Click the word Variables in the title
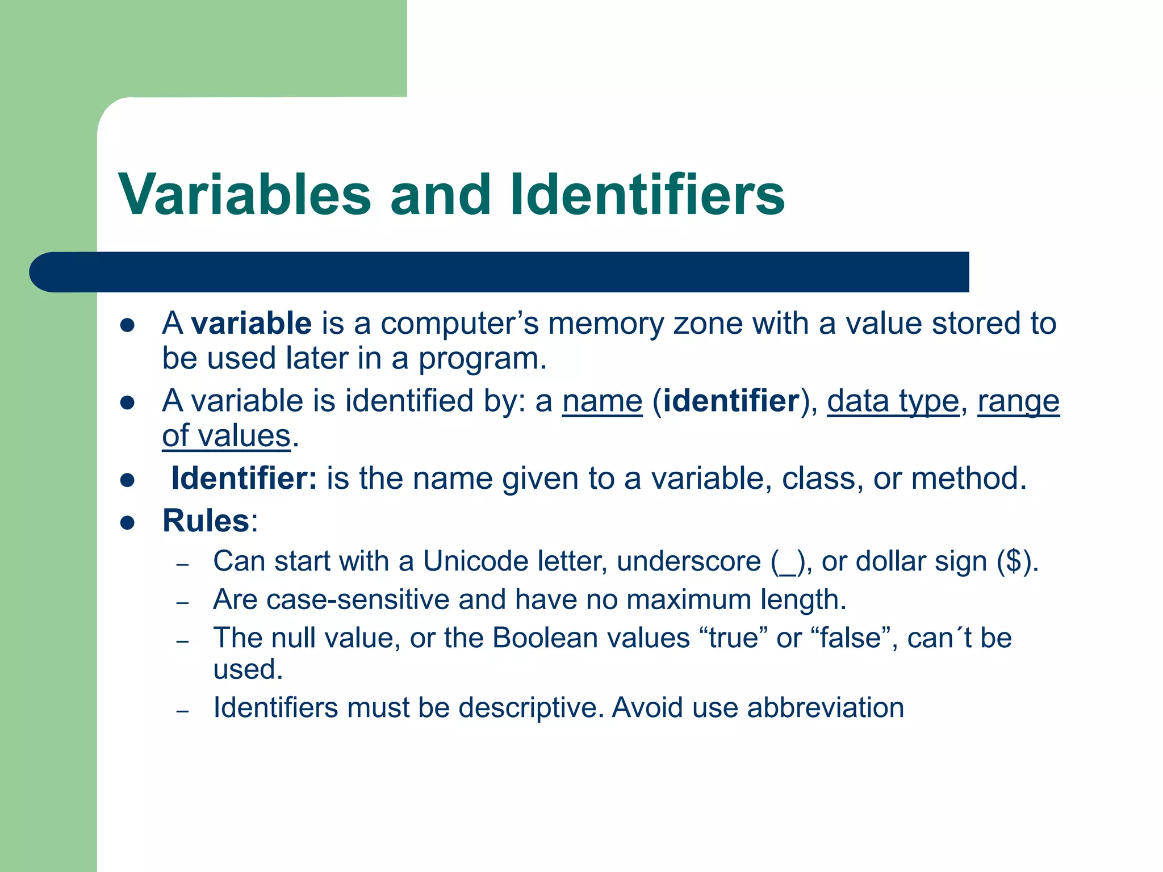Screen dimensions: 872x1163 click(x=244, y=195)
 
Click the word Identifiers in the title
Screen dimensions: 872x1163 click(x=647, y=195)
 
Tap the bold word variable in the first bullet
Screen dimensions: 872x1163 click(x=251, y=323)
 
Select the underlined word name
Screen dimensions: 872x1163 click(x=602, y=401)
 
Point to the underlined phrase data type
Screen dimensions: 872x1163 click(x=893, y=401)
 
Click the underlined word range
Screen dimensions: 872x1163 click(x=1018, y=401)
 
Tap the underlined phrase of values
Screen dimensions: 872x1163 click(x=226, y=436)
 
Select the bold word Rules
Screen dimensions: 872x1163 click(x=206, y=521)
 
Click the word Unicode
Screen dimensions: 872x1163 click(x=476, y=561)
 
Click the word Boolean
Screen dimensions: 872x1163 click(x=545, y=638)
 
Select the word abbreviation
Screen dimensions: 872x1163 click(x=825, y=708)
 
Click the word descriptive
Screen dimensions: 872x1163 click(x=530, y=708)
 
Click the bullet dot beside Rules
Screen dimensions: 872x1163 click(x=127, y=522)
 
